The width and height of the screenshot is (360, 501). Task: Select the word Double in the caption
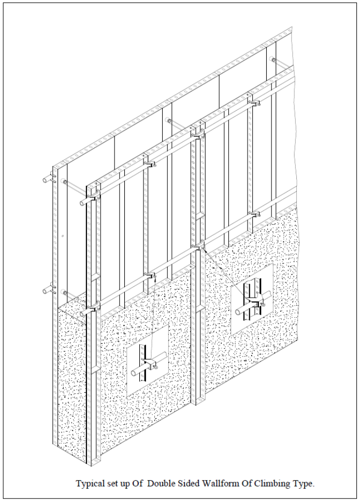[161, 483]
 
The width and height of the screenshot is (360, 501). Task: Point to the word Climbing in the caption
[271, 484]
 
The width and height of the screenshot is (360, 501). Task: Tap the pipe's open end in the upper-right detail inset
[239, 311]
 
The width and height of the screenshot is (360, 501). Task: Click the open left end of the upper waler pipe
[82, 202]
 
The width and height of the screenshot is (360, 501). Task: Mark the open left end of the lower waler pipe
[82, 313]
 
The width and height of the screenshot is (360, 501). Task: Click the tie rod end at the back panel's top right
[272, 59]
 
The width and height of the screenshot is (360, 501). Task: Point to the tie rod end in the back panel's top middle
[168, 121]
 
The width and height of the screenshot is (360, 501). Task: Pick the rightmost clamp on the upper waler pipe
[254, 103]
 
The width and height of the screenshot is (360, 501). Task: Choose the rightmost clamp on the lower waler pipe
[254, 213]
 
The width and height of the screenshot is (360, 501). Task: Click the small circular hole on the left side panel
[63, 236]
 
